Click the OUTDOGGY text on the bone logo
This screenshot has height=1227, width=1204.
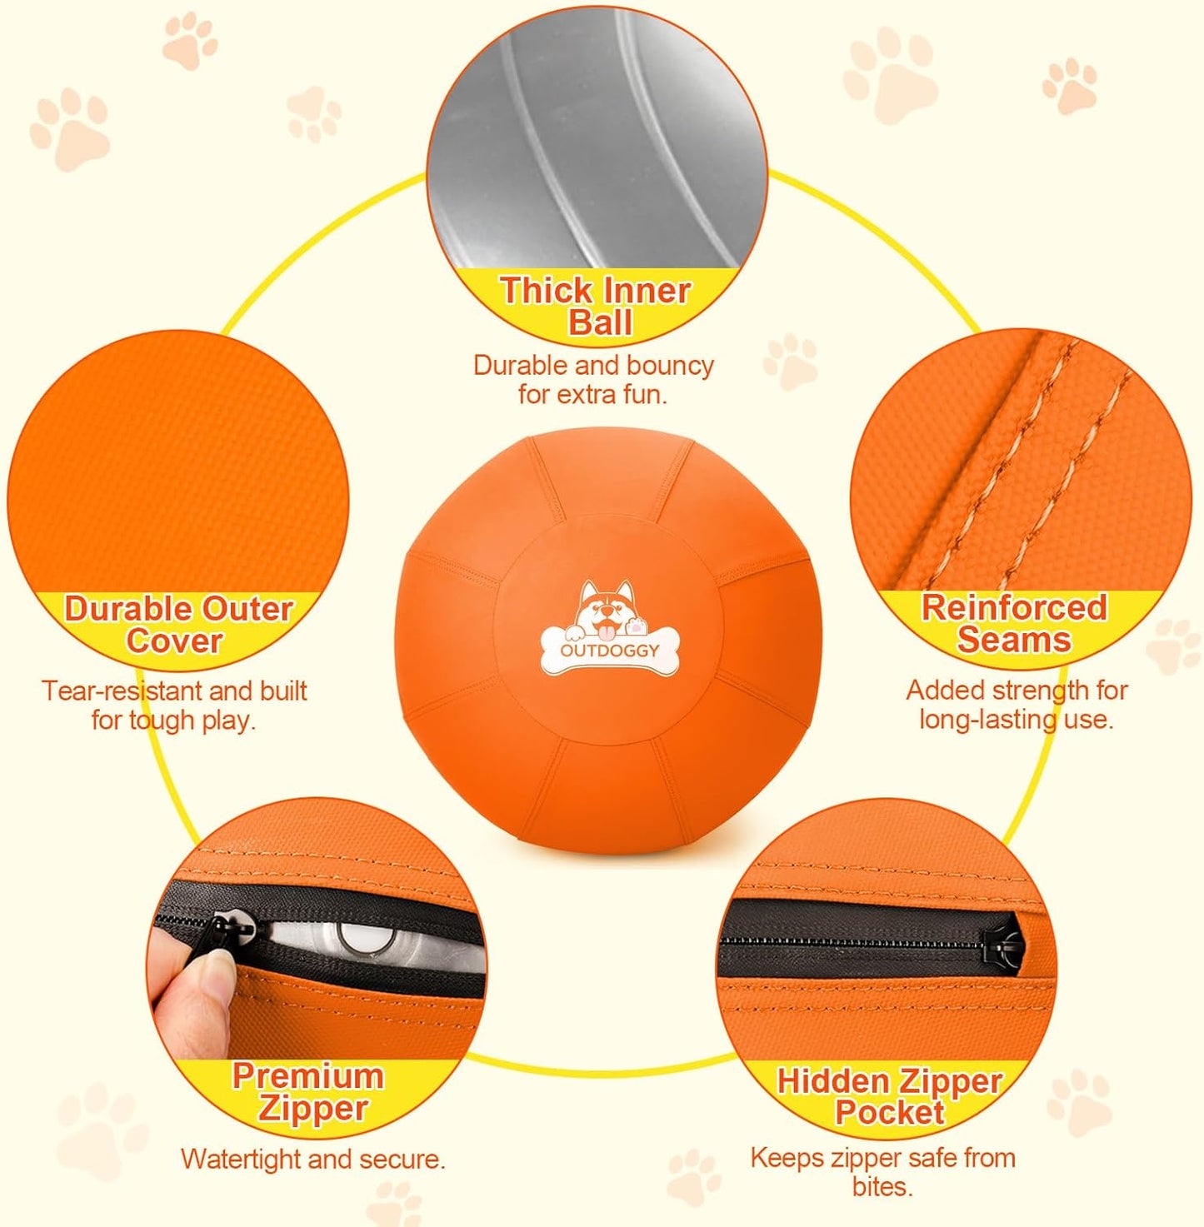point(609,650)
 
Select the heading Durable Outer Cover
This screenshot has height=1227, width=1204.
point(178,625)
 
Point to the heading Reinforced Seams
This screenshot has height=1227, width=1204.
point(1014,623)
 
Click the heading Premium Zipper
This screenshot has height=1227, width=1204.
point(309,1091)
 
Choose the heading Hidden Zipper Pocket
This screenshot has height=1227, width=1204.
point(890,1096)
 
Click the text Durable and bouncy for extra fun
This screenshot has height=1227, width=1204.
point(593,379)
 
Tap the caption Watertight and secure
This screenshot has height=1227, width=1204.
point(313,1159)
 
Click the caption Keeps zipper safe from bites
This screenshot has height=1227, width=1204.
point(882,1171)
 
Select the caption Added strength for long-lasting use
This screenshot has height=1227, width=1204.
point(1017,704)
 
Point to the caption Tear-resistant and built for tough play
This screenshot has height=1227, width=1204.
point(174,705)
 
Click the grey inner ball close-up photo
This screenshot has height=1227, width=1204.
point(597,142)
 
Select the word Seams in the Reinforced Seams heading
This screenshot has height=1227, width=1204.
point(1014,640)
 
